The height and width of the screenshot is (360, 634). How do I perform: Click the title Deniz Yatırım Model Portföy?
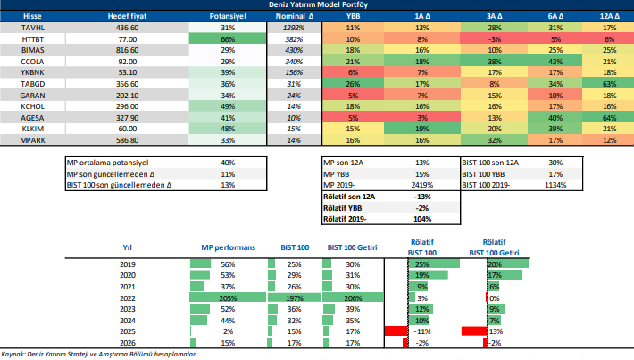[317, 5]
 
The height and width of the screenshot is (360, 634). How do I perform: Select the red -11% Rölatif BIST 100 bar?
[395, 331]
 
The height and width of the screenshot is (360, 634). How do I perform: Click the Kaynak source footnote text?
[98, 354]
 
